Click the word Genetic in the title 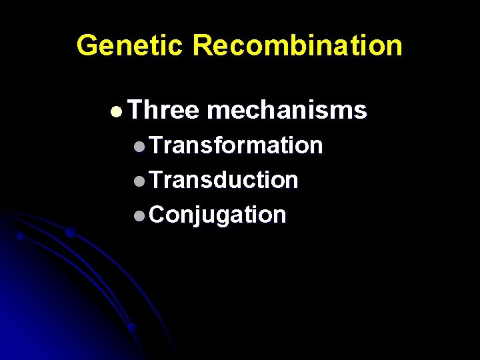coord(129,45)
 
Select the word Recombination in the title coord(297,45)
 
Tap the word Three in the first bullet coord(163,111)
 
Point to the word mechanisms coord(287,111)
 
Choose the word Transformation coord(236,145)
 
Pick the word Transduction coord(223,179)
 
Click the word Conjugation coord(217,215)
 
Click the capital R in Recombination coord(203,45)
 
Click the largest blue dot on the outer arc coord(70,233)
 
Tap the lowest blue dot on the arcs coord(132,327)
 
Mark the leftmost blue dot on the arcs coord(21,236)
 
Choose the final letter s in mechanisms coord(361,112)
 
